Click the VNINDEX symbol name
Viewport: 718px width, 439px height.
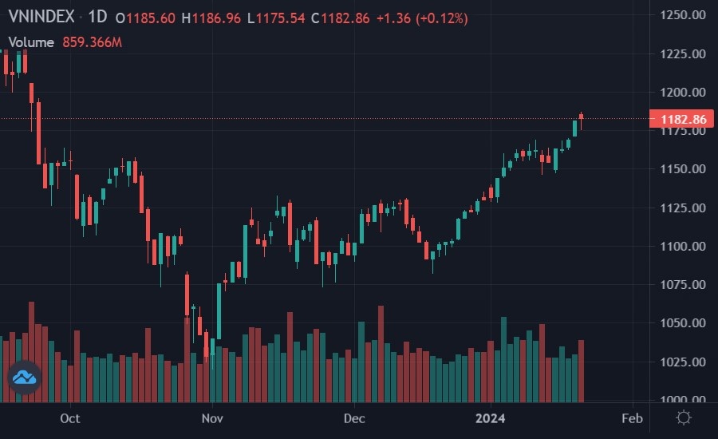41,18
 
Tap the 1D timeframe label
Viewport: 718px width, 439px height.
97,18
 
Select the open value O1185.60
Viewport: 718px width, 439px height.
147,18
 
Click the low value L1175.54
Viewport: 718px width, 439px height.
276,18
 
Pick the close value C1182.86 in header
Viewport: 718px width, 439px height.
341,18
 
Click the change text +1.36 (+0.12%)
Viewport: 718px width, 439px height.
422,18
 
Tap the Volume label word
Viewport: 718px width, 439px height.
31,42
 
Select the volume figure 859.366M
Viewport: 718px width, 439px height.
93,42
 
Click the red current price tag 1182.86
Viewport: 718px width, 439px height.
682,120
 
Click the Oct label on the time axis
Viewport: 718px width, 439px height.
70,418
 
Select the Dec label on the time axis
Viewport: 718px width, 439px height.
353,418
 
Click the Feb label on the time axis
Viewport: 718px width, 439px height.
632,418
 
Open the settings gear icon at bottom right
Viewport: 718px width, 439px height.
684,417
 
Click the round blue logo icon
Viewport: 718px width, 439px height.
24,377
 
